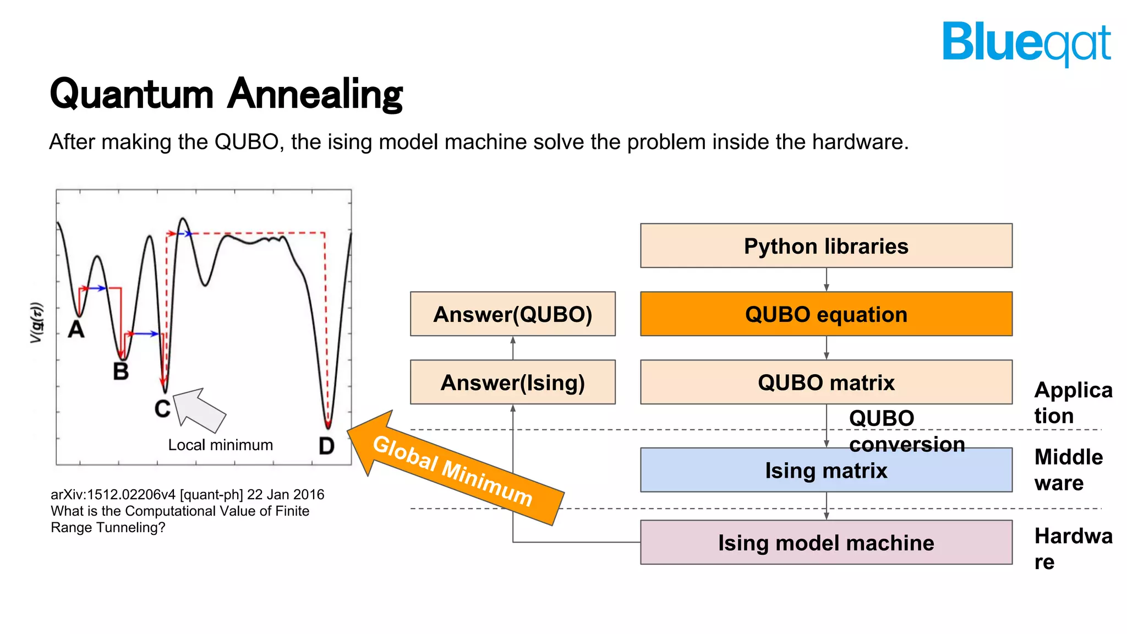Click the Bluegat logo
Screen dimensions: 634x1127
tap(1026, 43)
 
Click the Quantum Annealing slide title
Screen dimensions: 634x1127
tap(226, 95)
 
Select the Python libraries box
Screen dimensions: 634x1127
tap(825, 246)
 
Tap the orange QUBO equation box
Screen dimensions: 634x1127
tap(825, 314)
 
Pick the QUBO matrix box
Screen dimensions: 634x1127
tap(825, 382)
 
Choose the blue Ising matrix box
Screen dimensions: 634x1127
tap(825, 471)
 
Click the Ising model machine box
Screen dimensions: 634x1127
tap(825, 543)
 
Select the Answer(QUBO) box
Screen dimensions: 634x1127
tap(512, 314)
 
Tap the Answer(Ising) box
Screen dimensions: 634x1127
tap(512, 382)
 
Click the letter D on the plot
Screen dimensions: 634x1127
tap(326, 446)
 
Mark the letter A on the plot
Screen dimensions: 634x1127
tap(76, 330)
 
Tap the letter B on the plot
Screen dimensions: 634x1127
tap(121, 371)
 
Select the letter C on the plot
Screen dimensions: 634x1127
tap(162, 409)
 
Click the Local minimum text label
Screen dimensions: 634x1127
tap(220, 445)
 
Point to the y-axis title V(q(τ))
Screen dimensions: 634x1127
tap(36, 323)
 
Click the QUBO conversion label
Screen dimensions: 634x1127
tap(906, 431)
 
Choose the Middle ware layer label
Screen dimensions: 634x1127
tap(1068, 469)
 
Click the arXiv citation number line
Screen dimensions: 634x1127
tap(187, 494)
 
